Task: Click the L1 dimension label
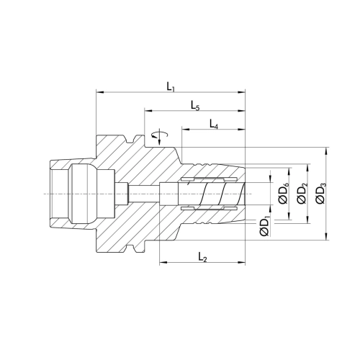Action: click(x=171, y=86)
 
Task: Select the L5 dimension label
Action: click(x=195, y=106)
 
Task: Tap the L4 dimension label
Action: click(x=214, y=124)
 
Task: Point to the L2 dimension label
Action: click(x=202, y=257)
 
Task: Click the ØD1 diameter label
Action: click(x=264, y=226)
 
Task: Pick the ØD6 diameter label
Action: click(x=284, y=193)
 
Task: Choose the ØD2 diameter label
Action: click(x=302, y=193)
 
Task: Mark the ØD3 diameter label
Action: click(x=321, y=193)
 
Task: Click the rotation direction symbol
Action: click(x=160, y=137)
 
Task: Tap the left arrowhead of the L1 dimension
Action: click(x=99, y=92)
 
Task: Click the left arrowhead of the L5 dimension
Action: click(x=148, y=111)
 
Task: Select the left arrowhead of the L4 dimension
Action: click(x=186, y=130)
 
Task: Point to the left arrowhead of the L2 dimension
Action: click(x=163, y=262)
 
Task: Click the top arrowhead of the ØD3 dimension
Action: click(x=326, y=151)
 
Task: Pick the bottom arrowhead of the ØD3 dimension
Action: click(x=326, y=236)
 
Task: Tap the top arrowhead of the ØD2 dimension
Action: click(x=307, y=168)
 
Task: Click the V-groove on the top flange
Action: click(x=130, y=139)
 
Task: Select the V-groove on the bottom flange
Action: click(x=130, y=248)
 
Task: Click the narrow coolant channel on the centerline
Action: click(x=143, y=194)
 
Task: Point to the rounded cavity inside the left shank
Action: click(x=83, y=194)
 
